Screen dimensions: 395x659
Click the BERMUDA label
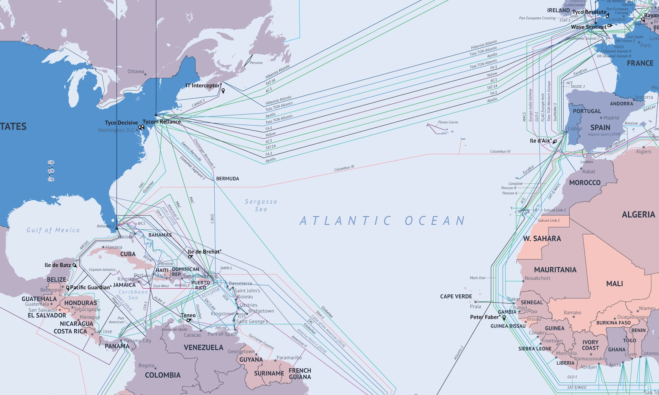click(227, 179)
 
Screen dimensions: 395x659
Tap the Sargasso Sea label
click(261, 205)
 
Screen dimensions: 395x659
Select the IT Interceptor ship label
click(203, 86)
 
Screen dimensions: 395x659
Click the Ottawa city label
click(136, 72)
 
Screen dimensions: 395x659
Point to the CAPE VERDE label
click(456, 296)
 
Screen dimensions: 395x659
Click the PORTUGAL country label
click(587, 111)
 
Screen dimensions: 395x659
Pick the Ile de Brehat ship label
click(204, 252)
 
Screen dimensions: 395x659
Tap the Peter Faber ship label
click(484, 317)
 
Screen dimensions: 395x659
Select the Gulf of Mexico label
click(53, 230)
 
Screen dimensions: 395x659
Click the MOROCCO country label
click(584, 183)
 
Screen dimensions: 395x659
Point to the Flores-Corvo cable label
click(448, 122)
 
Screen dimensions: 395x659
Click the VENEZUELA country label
click(203, 347)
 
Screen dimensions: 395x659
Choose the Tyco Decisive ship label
click(122, 123)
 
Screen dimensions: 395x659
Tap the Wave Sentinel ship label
click(589, 27)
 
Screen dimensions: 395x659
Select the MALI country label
click(614, 284)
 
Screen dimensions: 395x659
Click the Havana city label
click(114, 247)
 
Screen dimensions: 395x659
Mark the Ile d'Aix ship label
click(540, 141)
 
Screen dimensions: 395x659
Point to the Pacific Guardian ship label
click(91, 288)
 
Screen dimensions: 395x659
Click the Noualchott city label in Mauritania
click(537, 278)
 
